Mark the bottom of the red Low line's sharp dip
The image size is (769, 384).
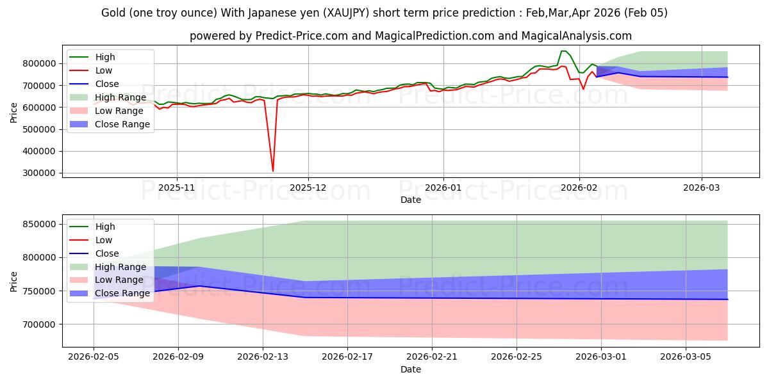273,171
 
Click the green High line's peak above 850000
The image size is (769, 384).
563,51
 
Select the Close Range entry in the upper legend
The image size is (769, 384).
122,124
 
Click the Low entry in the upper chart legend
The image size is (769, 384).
103,70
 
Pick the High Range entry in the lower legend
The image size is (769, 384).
121,267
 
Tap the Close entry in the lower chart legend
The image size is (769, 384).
106,253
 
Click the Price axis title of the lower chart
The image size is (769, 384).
14,281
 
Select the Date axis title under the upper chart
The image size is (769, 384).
411,200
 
